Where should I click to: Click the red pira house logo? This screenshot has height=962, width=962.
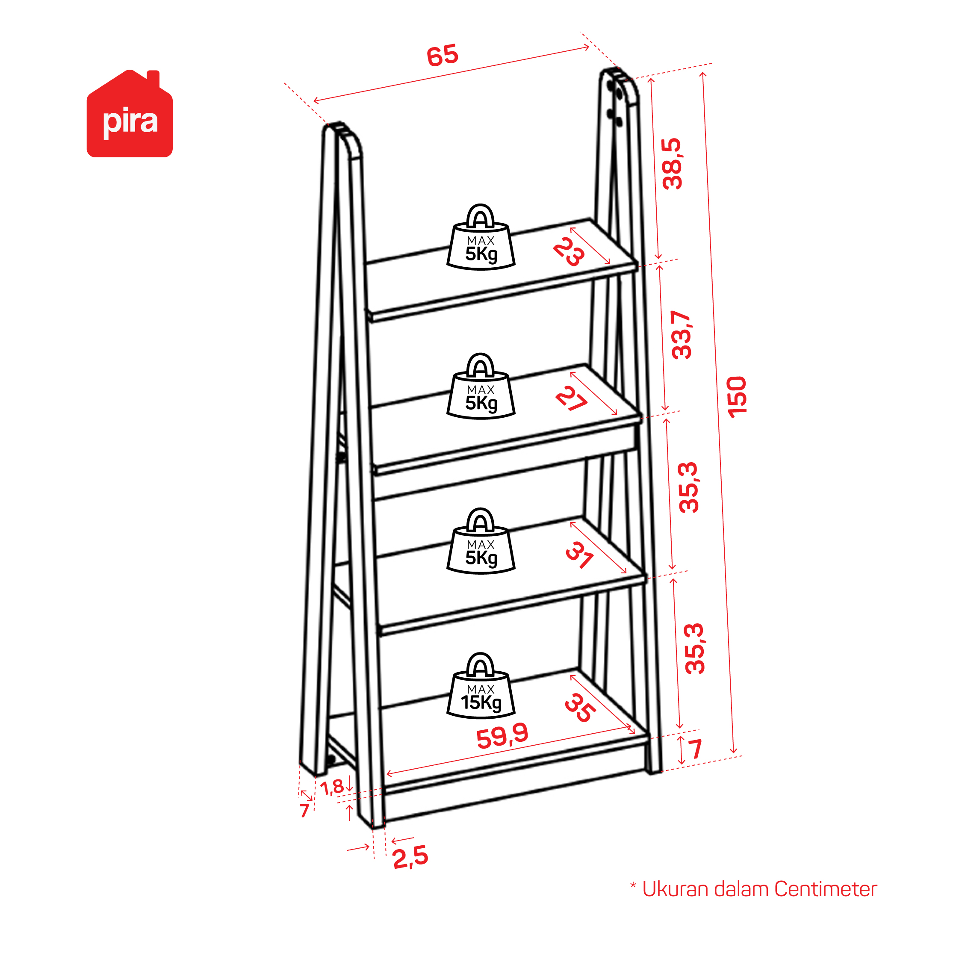130,114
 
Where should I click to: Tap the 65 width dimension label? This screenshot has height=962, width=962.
442,55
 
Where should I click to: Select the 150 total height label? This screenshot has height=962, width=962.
737,397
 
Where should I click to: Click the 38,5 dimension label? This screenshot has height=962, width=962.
672,164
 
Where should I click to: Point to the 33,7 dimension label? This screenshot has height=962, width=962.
681,335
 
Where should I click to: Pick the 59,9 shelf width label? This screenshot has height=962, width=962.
502,736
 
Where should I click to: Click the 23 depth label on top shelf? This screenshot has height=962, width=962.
569,251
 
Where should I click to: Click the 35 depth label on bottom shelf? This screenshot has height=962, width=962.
580,708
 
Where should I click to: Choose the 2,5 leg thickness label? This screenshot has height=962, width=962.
410,857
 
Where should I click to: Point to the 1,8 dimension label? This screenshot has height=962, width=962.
332,787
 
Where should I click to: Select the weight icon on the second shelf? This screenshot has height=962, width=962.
481,387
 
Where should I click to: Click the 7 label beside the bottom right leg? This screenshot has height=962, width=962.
695,749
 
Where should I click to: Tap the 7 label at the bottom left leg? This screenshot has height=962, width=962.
304,811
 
